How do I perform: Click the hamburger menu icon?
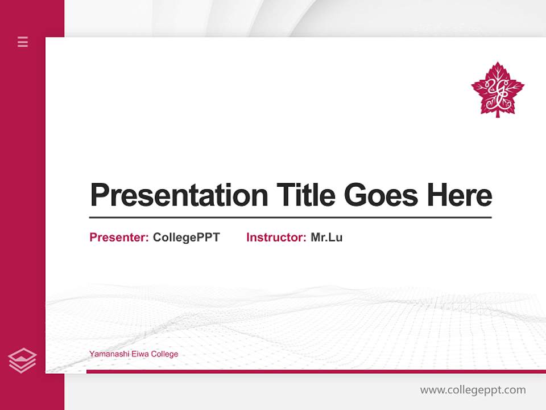coord(23,42)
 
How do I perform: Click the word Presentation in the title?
coord(179,195)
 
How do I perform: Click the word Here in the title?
coord(460,195)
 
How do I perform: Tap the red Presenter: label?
coord(119,237)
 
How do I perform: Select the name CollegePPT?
coord(186,237)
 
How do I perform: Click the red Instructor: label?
coord(276,237)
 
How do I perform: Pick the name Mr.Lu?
coord(326,237)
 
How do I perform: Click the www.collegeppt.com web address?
coord(473,390)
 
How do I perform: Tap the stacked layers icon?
coord(22,360)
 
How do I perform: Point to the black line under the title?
coord(290,218)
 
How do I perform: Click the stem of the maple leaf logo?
coord(498,114)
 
